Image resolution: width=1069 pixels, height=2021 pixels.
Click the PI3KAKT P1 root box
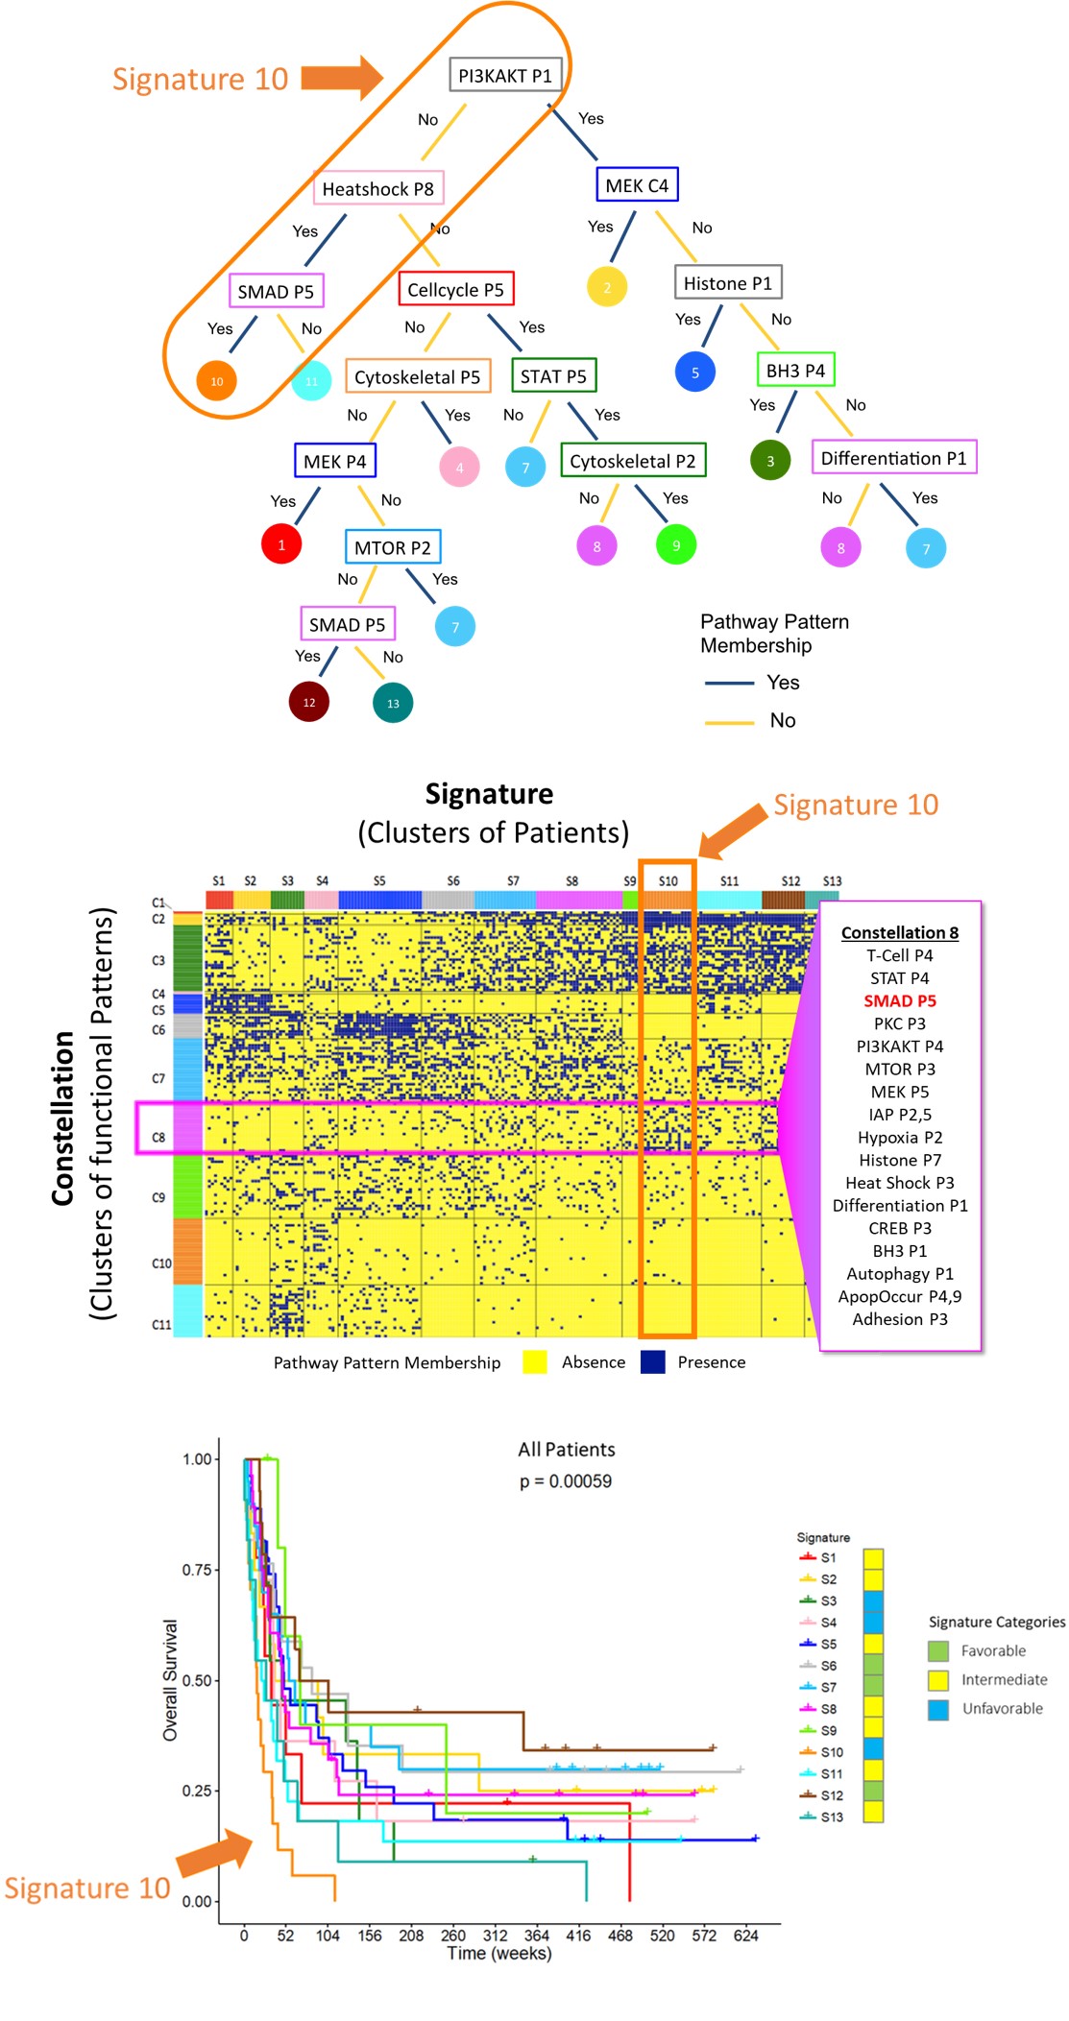(505, 76)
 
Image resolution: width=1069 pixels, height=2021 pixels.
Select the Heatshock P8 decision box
(377, 189)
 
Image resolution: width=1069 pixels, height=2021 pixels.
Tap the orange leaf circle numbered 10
(217, 381)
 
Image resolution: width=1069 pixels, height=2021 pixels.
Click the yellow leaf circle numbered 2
(607, 287)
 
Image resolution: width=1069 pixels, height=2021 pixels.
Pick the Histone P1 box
(727, 283)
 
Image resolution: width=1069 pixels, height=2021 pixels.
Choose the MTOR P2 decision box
(392, 547)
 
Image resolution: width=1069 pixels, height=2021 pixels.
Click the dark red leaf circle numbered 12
(309, 702)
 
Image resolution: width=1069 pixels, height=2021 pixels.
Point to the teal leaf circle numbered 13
(393, 703)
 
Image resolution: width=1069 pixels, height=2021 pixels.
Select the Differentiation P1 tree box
(893, 458)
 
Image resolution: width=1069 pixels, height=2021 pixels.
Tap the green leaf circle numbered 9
(676, 545)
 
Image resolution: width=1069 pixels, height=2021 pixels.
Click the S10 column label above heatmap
(668, 880)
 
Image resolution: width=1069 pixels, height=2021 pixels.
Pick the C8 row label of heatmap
(158, 1137)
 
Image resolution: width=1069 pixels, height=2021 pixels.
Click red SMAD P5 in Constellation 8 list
(899, 1000)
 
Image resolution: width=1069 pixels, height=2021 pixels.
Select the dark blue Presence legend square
(653, 1361)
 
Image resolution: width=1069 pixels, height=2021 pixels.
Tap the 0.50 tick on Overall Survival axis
(197, 1680)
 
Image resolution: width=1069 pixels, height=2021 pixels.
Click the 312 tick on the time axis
(495, 1936)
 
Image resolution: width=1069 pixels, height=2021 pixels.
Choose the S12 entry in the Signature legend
(831, 1795)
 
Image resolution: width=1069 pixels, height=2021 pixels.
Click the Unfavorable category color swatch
(938, 1709)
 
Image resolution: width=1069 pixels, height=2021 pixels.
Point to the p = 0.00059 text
(566, 1481)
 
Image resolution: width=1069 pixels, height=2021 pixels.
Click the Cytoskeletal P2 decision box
(633, 461)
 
